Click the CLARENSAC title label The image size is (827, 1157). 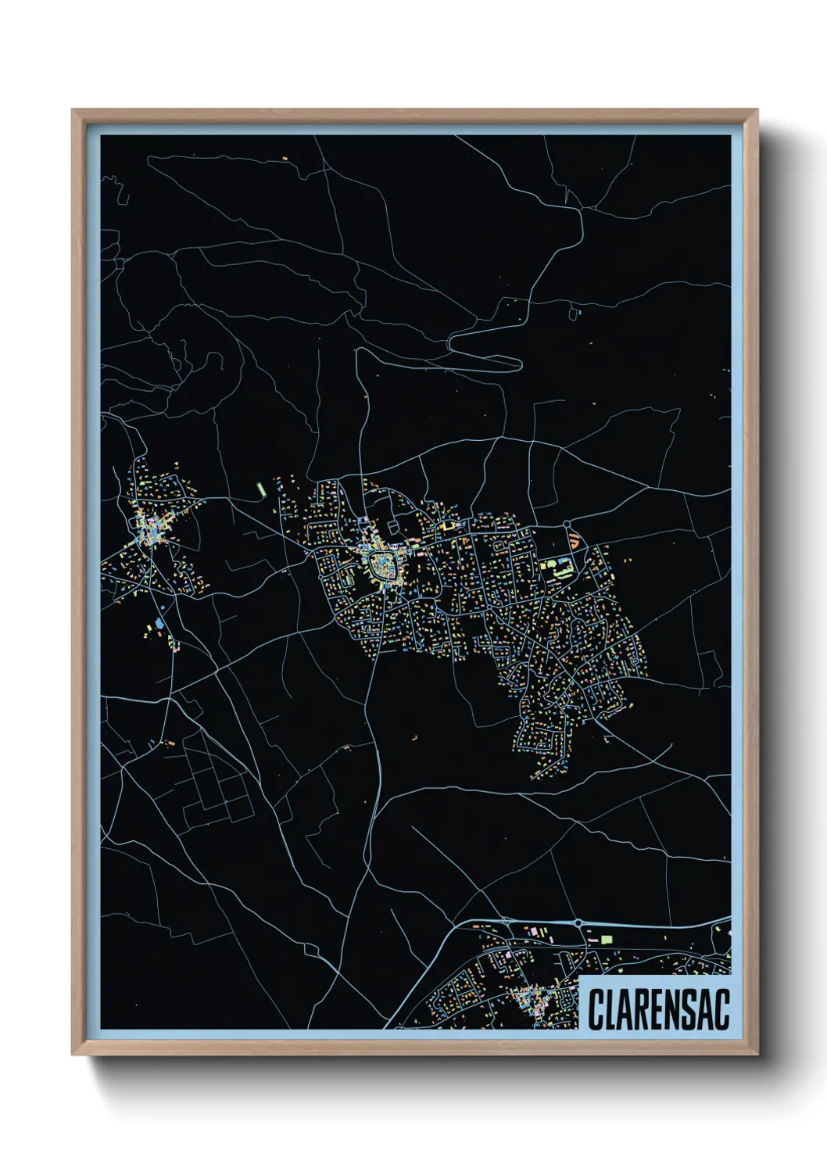[x=658, y=1009]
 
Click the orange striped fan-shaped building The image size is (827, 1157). [x=575, y=539]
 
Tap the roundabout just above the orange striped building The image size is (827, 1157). [x=566, y=524]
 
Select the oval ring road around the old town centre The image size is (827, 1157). [x=383, y=564]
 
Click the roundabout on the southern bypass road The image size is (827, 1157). [x=578, y=923]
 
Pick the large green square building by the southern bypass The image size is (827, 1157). [x=607, y=939]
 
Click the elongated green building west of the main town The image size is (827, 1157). [x=262, y=489]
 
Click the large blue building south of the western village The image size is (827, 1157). [x=160, y=623]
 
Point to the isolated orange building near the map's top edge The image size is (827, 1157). [x=285, y=159]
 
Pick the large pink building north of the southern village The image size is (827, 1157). [x=535, y=932]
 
